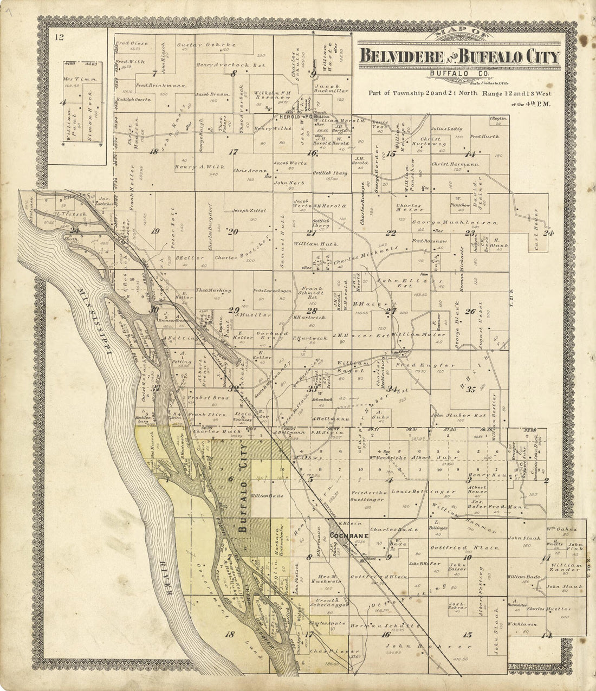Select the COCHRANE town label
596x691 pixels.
[349, 536]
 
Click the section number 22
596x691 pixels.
[391, 233]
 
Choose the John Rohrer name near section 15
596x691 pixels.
[425, 647]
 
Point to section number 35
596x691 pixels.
[471, 389]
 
